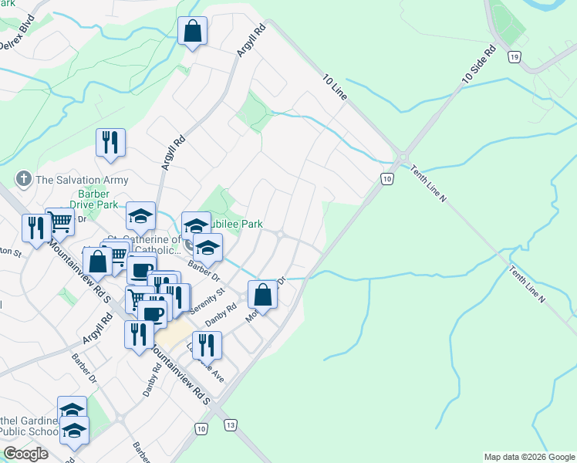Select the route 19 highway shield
tap(515, 56)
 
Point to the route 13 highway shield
tap(230, 425)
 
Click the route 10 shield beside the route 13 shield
tap(201, 428)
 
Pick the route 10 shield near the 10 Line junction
tap(386, 179)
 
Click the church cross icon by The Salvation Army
tap(24, 180)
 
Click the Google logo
tap(25, 454)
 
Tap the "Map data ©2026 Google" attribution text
tap(529, 457)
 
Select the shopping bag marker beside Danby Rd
tap(262, 294)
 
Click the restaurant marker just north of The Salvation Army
tap(110, 142)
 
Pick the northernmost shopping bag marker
tap(193, 32)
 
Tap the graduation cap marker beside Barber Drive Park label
tap(141, 216)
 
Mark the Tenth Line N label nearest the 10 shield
tap(427, 184)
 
